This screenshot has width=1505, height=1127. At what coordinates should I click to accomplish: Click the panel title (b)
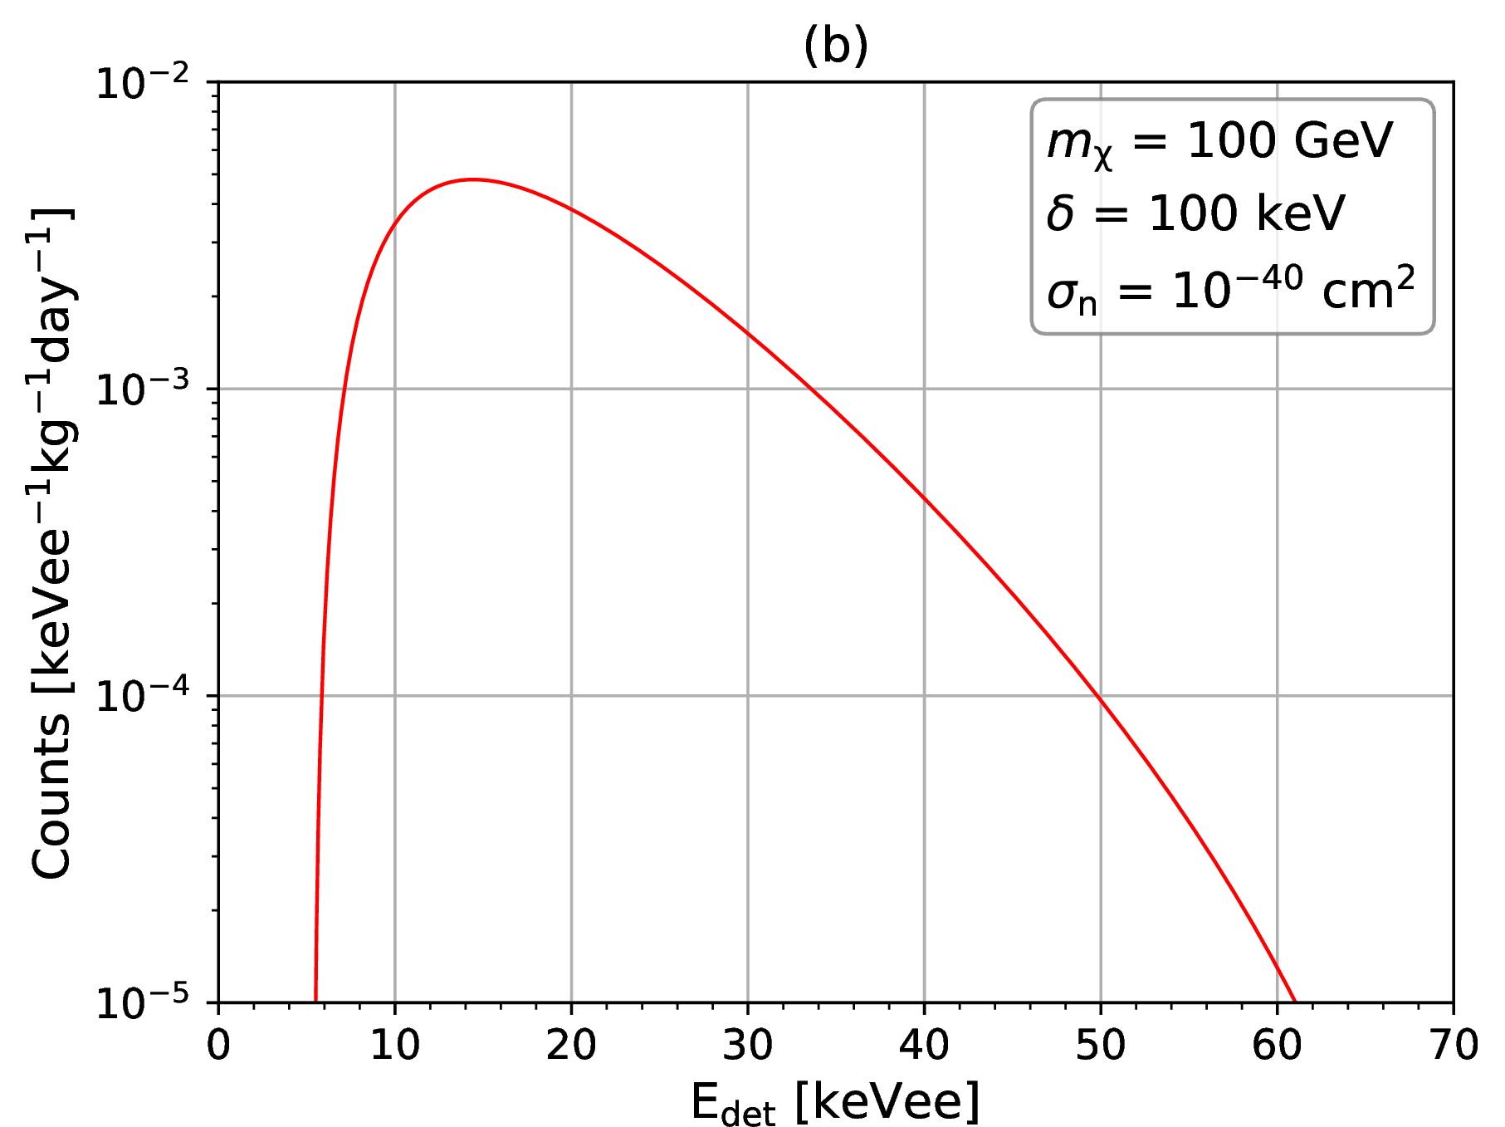coord(835,47)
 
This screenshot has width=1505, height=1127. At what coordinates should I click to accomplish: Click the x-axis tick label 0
coord(218,1045)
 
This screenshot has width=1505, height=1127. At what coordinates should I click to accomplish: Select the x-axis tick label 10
coord(394,1045)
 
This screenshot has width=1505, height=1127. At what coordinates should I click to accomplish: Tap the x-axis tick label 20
coord(571,1045)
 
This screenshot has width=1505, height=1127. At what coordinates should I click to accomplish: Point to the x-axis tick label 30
coord(748,1045)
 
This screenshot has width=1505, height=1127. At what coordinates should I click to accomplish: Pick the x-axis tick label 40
coord(924,1045)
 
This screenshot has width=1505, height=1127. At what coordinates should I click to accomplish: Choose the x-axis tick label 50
coord(1101,1045)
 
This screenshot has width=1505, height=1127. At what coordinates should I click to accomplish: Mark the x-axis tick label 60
coord(1277,1045)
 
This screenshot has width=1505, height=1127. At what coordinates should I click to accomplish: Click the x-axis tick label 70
coord(1453,1045)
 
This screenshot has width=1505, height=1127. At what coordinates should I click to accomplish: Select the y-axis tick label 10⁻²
coord(154,84)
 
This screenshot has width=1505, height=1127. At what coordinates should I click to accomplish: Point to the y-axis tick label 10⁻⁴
coord(154,697)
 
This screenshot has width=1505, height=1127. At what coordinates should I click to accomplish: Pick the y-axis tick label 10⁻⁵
coord(154,1003)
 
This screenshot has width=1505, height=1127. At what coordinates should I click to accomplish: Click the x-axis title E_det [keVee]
coord(835,1103)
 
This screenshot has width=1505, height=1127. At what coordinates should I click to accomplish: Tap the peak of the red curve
coord(472,179)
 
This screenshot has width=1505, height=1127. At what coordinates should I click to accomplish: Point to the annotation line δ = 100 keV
coord(1195,214)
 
